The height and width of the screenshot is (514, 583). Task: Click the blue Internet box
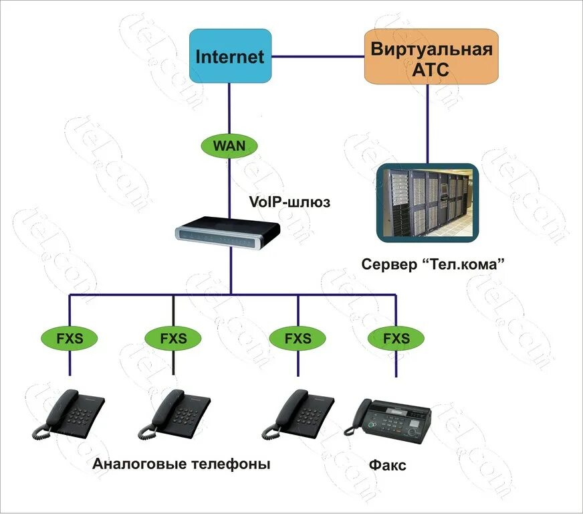[x=230, y=56]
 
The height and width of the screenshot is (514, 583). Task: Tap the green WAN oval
[x=229, y=145]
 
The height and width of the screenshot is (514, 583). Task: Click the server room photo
[x=427, y=203]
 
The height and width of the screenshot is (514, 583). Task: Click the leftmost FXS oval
[x=70, y=338]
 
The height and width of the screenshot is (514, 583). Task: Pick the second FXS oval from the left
[x=172, y=338]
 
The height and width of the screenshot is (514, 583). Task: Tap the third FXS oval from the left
[x=298, y=338]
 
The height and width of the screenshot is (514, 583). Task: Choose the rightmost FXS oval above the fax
[x=396, y=338]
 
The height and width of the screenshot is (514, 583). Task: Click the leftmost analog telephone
[x=70, y=415]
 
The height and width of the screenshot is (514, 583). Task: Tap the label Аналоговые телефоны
[x=181, y=464]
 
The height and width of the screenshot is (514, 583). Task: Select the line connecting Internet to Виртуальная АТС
[x=318, y=56]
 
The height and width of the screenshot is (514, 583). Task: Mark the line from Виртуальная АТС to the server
[x=427, y=124]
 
